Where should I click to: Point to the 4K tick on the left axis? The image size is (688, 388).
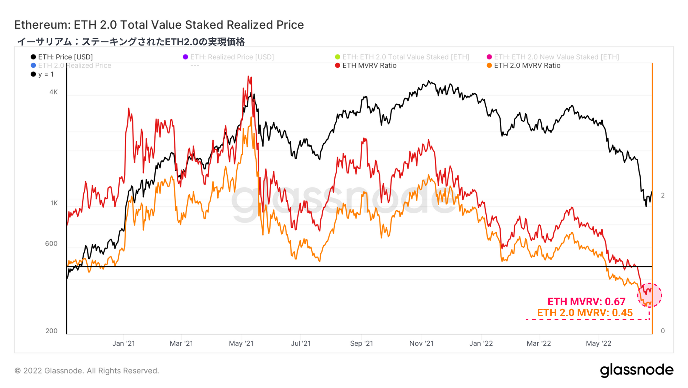click(54, 92)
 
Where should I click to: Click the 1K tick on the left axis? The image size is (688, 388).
click(54, 203)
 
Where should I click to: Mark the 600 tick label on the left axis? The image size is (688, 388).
click(51, 244)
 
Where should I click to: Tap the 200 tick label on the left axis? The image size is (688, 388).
click(51, 331)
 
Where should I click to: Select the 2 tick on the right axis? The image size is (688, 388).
click(663, 195)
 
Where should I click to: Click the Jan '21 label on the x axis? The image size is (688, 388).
click(123, 343)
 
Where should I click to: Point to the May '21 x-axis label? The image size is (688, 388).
click(241, 343)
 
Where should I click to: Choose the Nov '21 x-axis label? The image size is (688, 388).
click(421, 343)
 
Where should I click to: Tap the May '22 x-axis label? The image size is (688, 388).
click(599, 343)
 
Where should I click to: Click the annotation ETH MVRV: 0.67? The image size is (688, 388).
click(586, 302)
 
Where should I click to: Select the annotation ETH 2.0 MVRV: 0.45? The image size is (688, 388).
click(585, 313)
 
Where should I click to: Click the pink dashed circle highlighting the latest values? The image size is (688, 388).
click(649, 295)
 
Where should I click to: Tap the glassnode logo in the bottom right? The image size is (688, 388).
click(636, 370)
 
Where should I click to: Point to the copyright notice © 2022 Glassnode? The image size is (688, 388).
click(87, 371)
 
